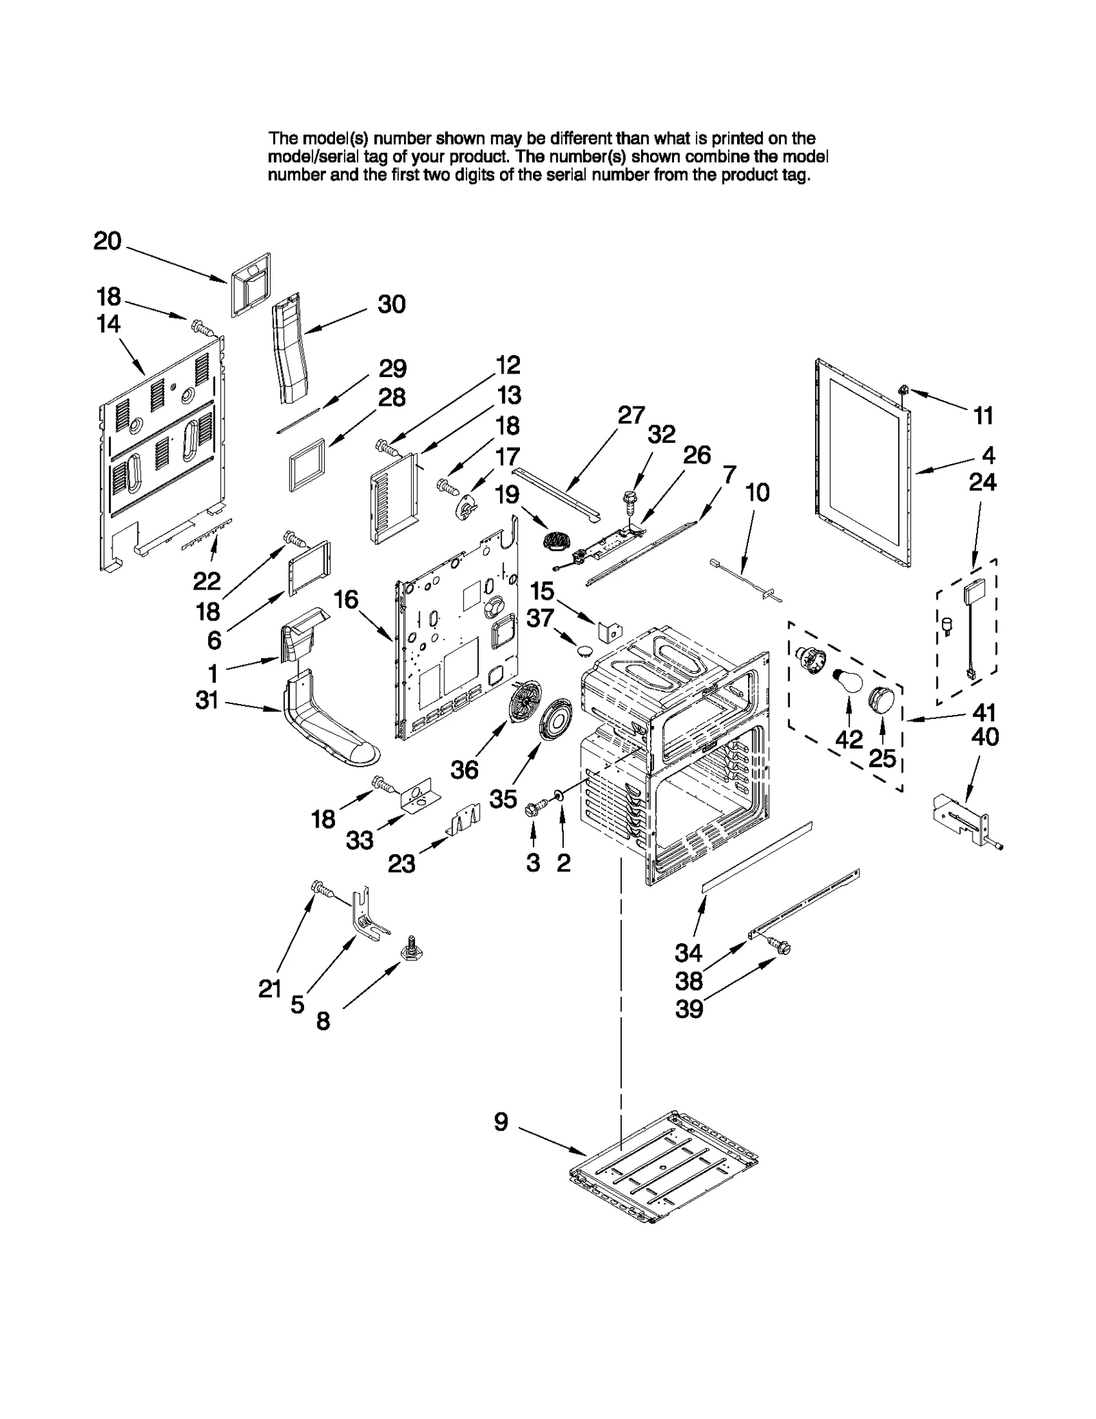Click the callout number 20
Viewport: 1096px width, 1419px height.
[108, 241]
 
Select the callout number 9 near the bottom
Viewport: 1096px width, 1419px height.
[501, 1122]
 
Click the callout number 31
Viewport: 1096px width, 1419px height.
[207, 700]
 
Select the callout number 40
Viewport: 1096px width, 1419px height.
[985, 738]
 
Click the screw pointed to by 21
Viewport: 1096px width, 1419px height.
[322, 889]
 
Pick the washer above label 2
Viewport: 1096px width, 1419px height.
[559, 796]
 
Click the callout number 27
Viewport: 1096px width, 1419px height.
[631, 415]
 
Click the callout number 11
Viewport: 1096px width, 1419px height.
[983, 415]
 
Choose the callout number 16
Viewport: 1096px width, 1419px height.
[346, 599]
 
